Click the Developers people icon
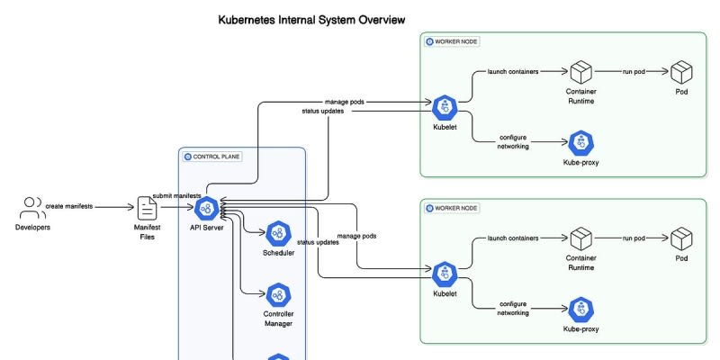pyautogui.click(x=33, y=208)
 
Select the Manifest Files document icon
pyautogui.click(x=147, y=208)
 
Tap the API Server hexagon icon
pyautogui.click(x=206, y=208)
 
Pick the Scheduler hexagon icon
pyautogui.click(x=278, y=234)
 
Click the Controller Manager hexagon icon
pyautogui.click(x=278, y=293)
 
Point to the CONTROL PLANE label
pyautogui.click(x=212, y=157)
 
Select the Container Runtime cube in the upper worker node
pyautogui.click(x=581, y=71)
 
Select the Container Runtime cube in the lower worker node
pyautogui.click(x=581, y=238)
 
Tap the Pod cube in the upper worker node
pyautogui.click(x=681, y=71)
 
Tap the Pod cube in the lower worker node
pyautogui.click(x=681, y=238)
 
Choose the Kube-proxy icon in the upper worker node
pyautogui.click(x=581, y=142)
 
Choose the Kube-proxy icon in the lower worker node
pyautogui.click(x=581, y=309)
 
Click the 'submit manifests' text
pyautogui.click(x=176, y=195)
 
